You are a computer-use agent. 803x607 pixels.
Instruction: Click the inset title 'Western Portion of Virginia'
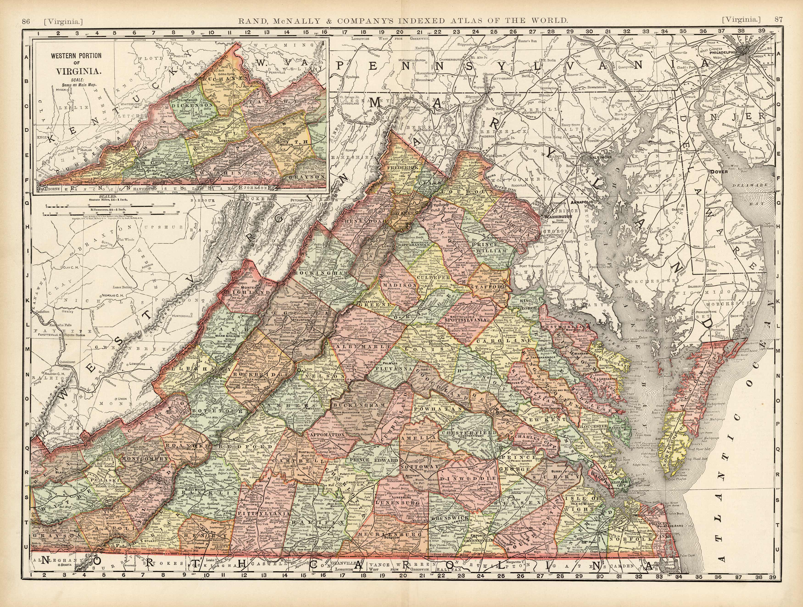pyautogui.click(x=76, y=63)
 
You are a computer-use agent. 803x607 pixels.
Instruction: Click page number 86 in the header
pyautogui.click(x=26, y=21)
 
